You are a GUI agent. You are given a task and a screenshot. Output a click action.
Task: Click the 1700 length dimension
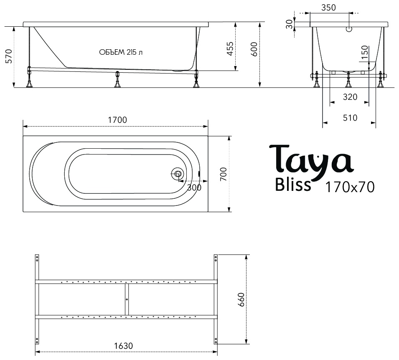coord(117,120)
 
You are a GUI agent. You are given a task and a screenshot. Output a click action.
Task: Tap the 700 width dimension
coord(223,174)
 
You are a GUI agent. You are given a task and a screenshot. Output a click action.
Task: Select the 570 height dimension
coord(9,56)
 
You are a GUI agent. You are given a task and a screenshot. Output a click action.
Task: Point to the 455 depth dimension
coord(230,48)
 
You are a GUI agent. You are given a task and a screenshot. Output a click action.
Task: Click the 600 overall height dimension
coord(254,49)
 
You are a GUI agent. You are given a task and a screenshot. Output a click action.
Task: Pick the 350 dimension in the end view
coord(328,8)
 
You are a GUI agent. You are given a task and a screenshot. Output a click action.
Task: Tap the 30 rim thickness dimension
coord(289,24)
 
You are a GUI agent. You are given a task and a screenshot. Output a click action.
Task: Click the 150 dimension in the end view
coord(365,52)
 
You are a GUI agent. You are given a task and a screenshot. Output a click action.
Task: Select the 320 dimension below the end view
coord(350,97)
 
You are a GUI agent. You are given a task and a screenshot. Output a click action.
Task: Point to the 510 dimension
coord(350,118)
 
